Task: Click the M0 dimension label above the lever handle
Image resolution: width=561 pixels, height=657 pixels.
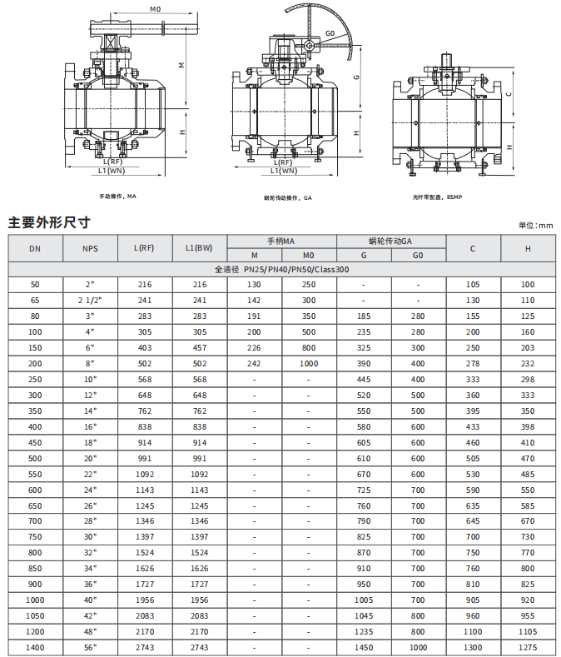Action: [x=155, y=9]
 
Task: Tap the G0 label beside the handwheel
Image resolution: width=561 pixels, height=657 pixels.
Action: [x=330, y=33]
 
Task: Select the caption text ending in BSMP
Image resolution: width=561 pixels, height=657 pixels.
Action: [x=437, y=197]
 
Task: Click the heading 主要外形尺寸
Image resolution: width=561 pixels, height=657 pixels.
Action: [x=49, y=222]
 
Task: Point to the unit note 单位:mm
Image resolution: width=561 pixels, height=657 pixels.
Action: [x=536, y=226]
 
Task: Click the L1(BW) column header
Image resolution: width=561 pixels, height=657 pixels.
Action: [x=199, y=248]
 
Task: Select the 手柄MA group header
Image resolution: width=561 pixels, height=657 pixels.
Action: [x=281, y=241]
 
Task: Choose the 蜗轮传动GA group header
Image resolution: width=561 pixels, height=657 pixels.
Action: [x=390, y=241]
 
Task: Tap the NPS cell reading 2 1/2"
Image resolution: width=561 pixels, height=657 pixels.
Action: [x=90, y=301]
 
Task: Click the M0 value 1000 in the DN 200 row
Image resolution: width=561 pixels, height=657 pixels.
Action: [x=309, y=364]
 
